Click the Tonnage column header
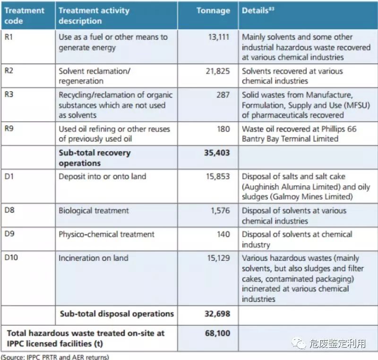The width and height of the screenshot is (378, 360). (213, 10)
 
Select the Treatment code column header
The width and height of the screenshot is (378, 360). (25, 15)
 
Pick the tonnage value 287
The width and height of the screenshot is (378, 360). (223, 95)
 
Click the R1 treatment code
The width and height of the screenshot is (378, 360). (9, 37)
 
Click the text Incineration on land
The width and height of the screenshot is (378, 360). (93, 258)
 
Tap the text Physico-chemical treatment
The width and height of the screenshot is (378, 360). (106, 234)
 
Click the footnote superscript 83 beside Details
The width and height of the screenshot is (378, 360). (272, 8)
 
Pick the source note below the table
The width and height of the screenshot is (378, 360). (55, 357)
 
